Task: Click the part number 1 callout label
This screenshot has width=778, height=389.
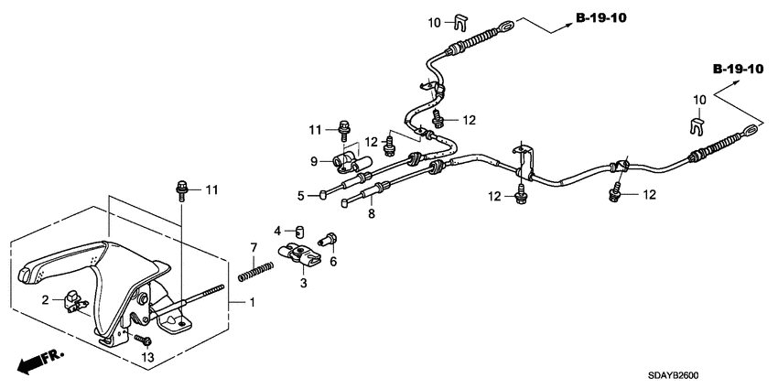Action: click(252, 302)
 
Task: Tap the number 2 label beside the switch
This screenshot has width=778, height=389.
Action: click(45, 299)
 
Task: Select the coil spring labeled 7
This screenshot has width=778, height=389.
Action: click(255, 271)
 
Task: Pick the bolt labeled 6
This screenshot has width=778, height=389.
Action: click(329, 239)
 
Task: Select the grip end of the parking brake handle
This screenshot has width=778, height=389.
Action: click(26, 274)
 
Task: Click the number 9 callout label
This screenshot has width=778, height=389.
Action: click(313, 161)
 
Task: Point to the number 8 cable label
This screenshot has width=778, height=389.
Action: click(371, 214)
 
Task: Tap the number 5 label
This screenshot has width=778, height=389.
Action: click(301, 196)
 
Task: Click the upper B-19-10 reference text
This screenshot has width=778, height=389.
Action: click(601, 18)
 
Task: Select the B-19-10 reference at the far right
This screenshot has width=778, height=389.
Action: click(739, 70)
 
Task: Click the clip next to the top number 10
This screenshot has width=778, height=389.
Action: click(461, 22)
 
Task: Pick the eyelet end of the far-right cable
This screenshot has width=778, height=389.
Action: click(750, 131)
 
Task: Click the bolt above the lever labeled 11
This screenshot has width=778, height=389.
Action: click(181, 190)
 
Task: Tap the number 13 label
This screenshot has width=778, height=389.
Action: click(148, 357)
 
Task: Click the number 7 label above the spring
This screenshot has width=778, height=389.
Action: click(254, 246)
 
